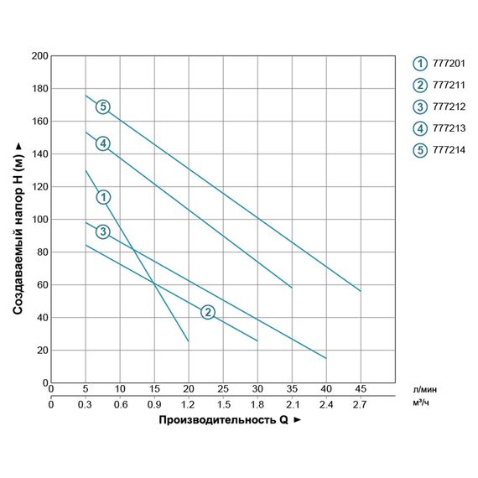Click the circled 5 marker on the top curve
pos(102,107)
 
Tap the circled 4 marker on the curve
pos(102,143)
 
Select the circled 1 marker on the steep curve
pos(103,197)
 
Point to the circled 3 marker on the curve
pos(102,231)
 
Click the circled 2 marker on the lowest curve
pos(208,312)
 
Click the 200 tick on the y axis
pos(39,56)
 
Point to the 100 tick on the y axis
pos(39,220)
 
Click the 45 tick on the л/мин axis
pos(361,389)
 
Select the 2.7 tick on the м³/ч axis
pos(361,404)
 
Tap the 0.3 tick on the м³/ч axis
pos(86,404)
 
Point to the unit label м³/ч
pos(423,404)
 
